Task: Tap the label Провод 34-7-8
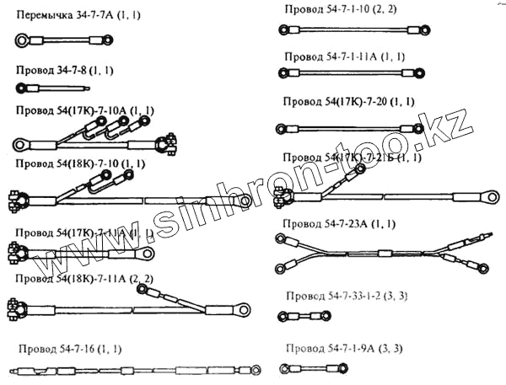pyautogui.click(x=58, y=71)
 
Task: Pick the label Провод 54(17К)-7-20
pyautogui.click(x=348, y=101)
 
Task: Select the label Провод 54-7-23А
pyautogui.click(x=336, y=223)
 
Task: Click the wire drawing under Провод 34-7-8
pyautogui.click(x=51, y=86)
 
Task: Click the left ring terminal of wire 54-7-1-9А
pyautogui.click(x=286, y=368)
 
